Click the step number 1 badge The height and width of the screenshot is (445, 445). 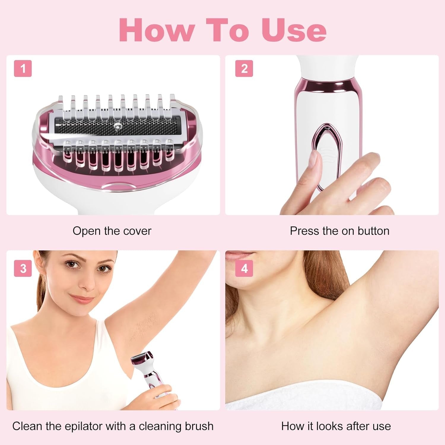point(23,69)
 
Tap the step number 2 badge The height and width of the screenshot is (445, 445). point(244,69)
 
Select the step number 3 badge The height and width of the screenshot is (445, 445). point(23,268)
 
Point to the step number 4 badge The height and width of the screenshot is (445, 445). point(244,268)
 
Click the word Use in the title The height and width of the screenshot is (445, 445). point(294,30)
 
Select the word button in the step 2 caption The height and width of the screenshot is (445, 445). point(373,231)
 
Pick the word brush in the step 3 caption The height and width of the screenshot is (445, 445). point(199,426)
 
